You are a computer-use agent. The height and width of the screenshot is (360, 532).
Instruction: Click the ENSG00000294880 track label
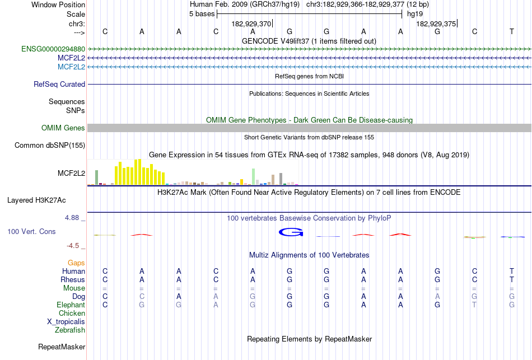click(x=53, y=49)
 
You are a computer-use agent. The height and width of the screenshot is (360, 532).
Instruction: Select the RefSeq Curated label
click(x=59, y=85)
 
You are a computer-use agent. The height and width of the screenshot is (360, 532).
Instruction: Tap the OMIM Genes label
click(x=63, y=128)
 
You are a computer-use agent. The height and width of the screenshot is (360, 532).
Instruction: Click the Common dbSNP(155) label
click(x=49, y=146)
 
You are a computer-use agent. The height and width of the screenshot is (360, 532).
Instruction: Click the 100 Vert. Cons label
click(x=31, y=231)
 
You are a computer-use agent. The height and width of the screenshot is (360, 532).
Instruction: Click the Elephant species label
click(x=71, y=305)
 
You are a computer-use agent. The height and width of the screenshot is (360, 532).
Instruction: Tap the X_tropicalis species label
click(x=66, y=322)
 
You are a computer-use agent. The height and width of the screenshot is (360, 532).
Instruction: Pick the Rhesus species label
click(x=73, y=280)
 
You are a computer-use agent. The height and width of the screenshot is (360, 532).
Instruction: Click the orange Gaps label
click(x=76, y=263)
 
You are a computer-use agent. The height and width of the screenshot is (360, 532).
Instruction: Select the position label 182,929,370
click(x=251, y=24)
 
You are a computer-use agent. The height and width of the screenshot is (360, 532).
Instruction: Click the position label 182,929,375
click(x=436, y=24)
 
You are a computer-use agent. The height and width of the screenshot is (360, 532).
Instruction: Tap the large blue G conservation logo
click(x=291, y=232)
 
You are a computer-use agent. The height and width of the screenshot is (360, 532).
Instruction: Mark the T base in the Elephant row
click(x=475, y=305)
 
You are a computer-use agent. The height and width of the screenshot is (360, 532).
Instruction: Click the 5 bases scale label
click(x=202, y=14)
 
